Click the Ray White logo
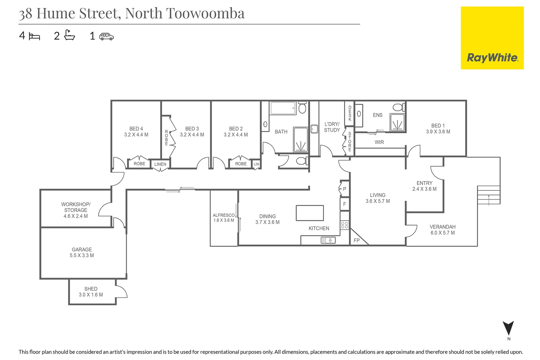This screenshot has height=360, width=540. pos(492,38)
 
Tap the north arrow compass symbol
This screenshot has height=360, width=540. pos(508,329)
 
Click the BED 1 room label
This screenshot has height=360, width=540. pos(438,126)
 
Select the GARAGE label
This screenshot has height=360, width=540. pos(82,250)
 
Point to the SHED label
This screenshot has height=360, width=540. pos(91,289)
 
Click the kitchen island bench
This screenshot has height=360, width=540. pos(310,213)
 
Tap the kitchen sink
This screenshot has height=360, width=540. pos(328,240)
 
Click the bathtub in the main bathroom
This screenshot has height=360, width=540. pos(283,108)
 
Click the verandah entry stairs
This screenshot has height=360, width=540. pos(489,196)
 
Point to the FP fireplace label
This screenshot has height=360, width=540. pos(357,240)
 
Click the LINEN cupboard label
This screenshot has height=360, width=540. pos(160,164)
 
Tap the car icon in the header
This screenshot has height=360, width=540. pos(107,36)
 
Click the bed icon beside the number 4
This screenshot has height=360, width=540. pos(34,36)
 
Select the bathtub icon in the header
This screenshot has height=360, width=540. pos(69,35)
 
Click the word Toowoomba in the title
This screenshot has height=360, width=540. pos(205,13)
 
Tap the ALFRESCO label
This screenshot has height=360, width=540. pos(224,215)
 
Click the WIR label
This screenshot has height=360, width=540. pos(379,142)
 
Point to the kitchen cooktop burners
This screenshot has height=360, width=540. pos(345,225)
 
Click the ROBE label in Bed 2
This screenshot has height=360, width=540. pos(241,164)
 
